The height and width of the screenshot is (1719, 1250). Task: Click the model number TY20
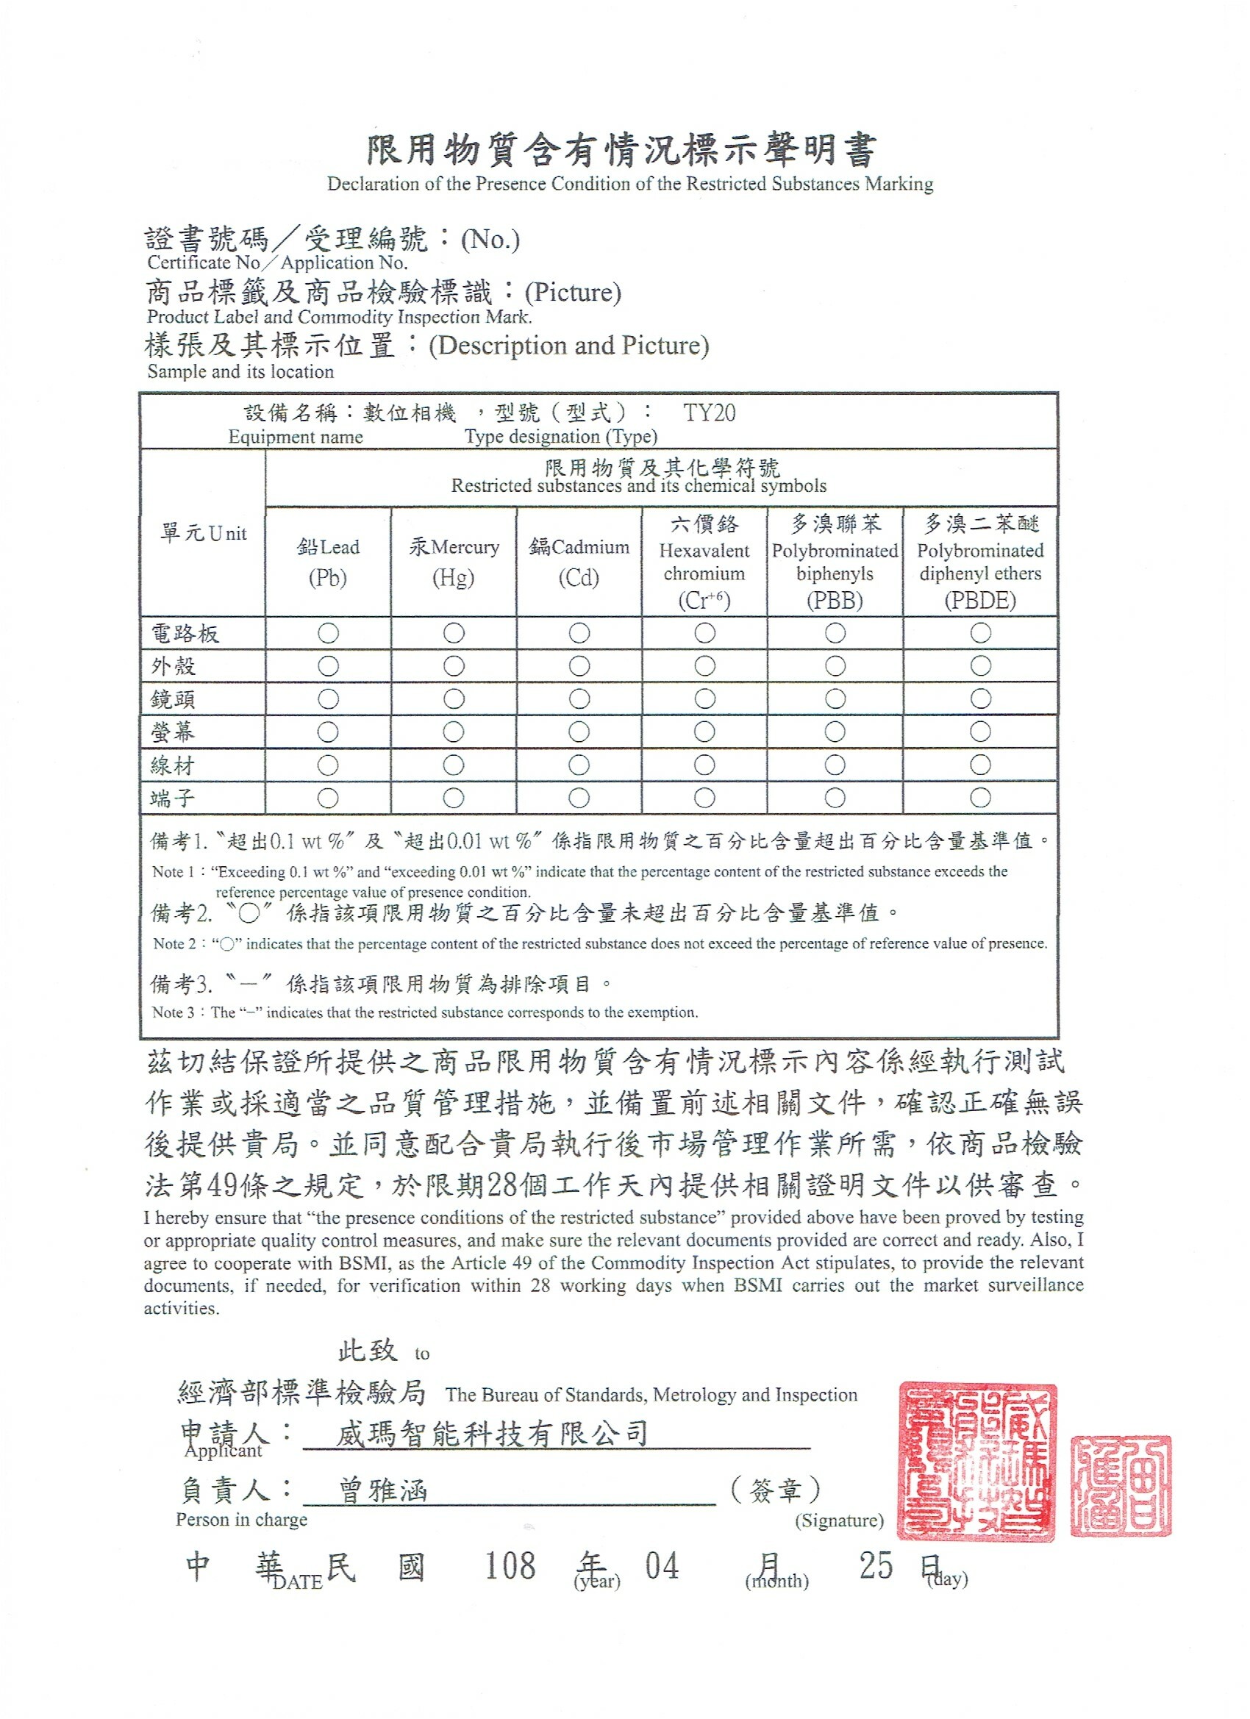click(x=709, y=413)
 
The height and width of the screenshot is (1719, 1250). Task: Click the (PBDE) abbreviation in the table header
click(x=979, y=601)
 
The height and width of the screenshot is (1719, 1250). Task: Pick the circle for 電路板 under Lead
click(x=328, y=633)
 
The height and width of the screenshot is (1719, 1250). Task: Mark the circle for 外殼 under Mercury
click(x=453, y=666)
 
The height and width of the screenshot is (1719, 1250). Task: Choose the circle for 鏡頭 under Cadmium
click(x=579, y=698)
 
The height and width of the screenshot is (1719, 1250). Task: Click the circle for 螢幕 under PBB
click(x=835, y=732)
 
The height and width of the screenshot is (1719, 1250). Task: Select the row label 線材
click(x=173, y=765)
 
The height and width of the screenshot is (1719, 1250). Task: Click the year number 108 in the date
click(x=510, y=1566)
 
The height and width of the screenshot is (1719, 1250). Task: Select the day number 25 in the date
click(x=876, y=1566)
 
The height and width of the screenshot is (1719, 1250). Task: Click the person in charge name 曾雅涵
click(x=382, y=1490)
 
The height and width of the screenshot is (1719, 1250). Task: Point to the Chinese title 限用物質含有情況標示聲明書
click(x=621, y=149)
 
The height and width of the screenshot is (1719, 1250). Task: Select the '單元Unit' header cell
click(x=203, y=534)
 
